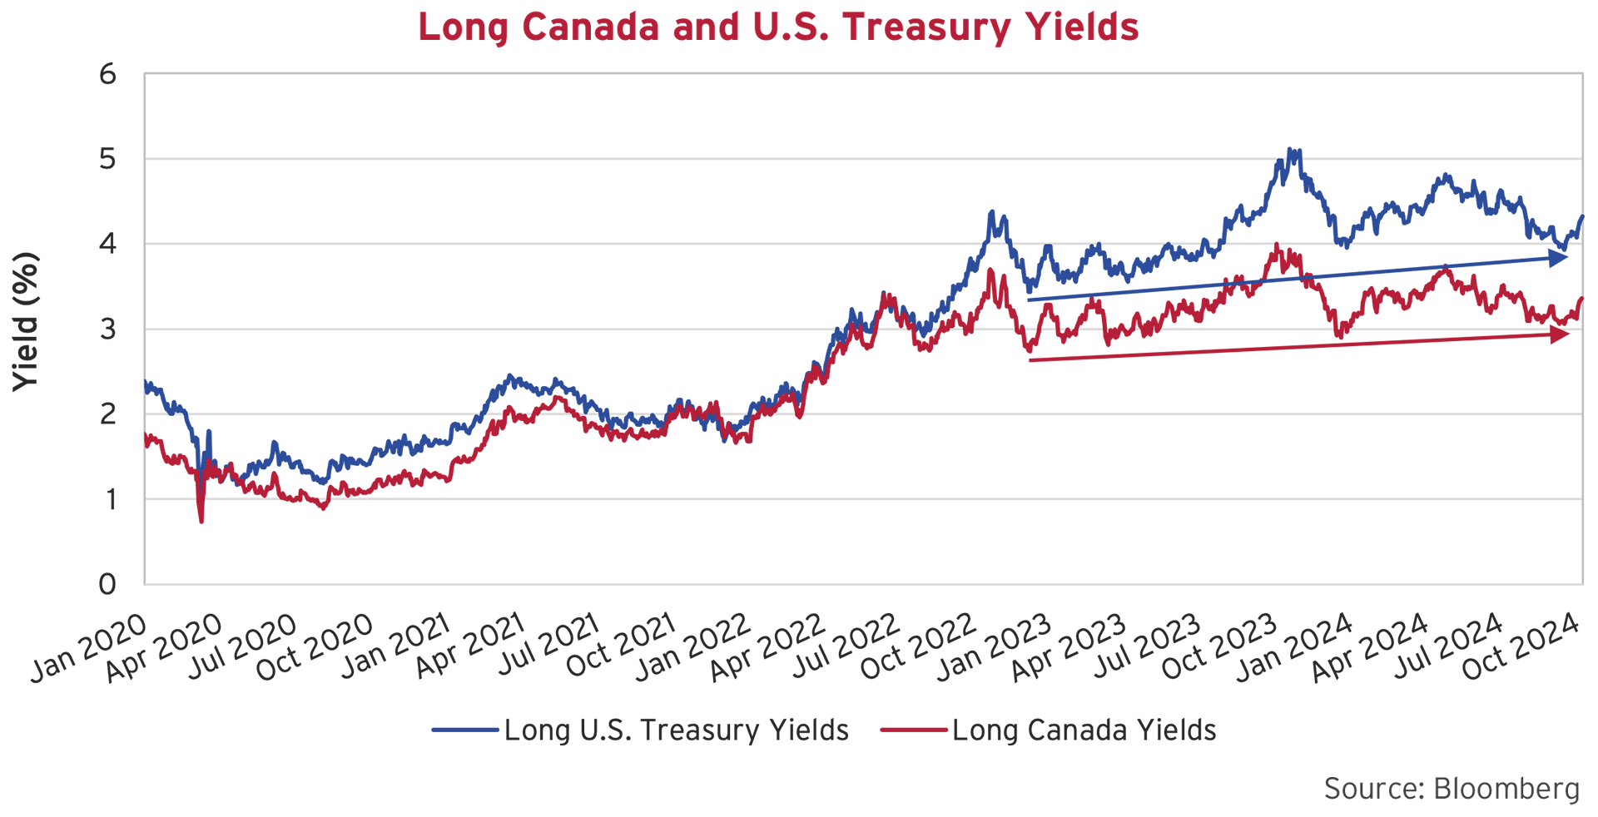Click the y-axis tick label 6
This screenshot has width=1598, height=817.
[107, 75]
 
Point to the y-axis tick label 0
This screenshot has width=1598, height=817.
[107, 584]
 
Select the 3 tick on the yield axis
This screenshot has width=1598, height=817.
[107, 329]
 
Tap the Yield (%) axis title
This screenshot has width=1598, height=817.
[25, 322]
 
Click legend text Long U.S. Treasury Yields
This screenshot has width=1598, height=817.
[676, 730]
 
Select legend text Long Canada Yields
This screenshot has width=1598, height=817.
[1084, 730]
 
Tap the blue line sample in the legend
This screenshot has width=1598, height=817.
[465, 730]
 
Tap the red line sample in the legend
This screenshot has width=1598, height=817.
[914, 730]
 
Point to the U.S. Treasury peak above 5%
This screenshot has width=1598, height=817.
[1291, 152]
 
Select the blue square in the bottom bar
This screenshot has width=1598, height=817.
[459, 785]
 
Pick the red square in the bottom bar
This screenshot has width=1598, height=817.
[908, 785]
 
